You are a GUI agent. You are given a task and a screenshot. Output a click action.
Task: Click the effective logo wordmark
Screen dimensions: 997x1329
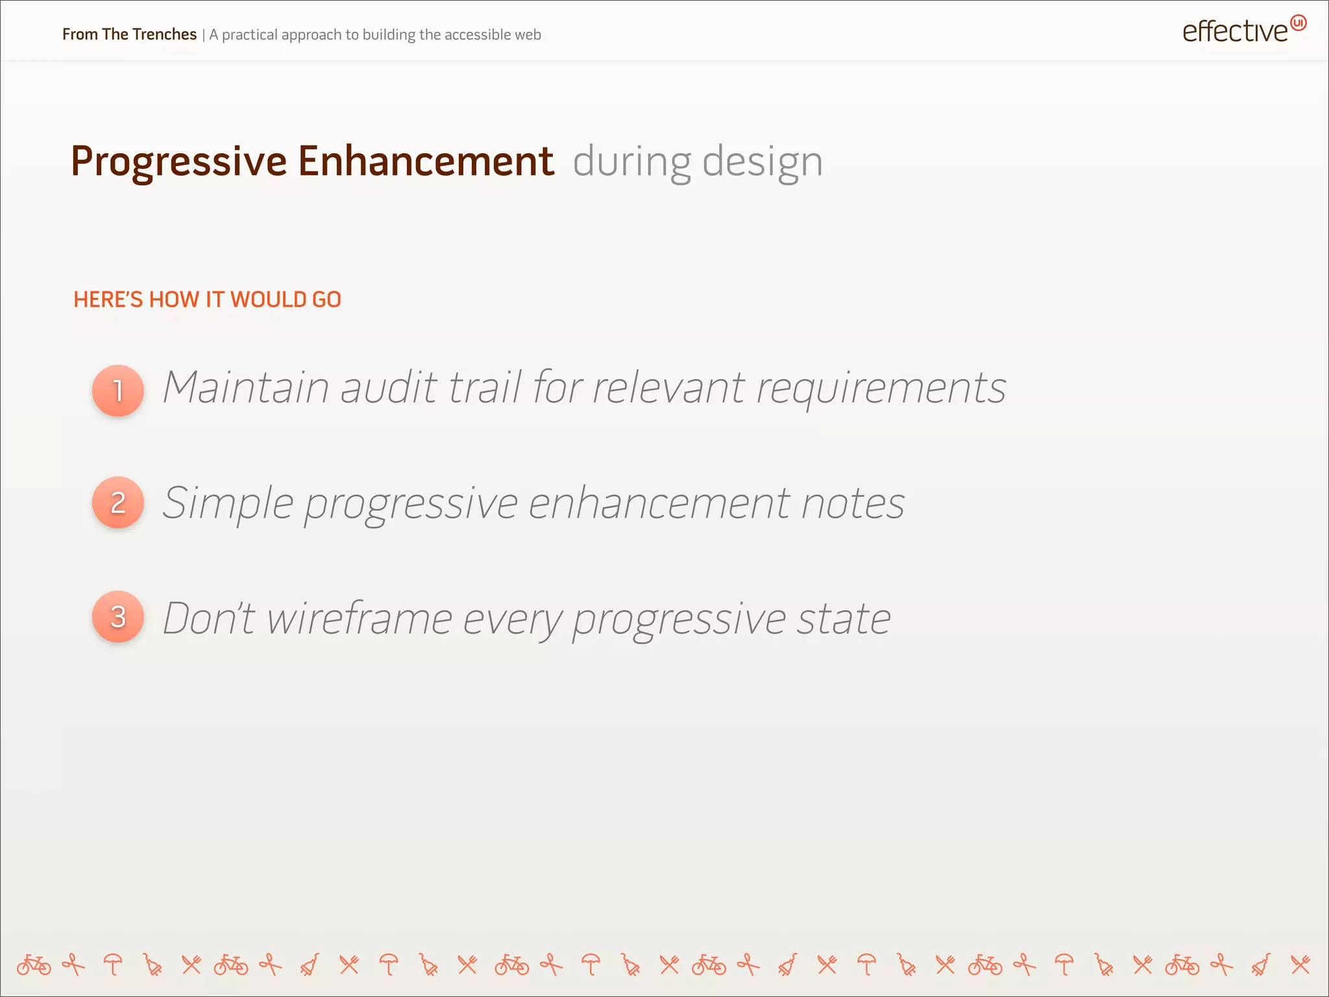point(1234,32)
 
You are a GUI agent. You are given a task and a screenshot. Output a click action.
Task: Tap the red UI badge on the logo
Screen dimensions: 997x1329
point(1298,23)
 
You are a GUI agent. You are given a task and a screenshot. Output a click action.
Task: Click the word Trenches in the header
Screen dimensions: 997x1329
point(164,34)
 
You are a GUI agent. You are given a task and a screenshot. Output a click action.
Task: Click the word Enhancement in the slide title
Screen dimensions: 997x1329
point(426,161)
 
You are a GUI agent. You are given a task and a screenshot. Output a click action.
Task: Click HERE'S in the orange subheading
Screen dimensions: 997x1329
point(108,300)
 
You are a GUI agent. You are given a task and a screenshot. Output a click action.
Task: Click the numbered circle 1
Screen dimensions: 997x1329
point(118,391)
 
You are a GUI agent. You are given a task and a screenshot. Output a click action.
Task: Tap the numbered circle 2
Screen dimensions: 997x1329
point(118,502)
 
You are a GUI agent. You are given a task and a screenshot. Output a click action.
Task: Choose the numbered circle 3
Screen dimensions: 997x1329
point(118,617)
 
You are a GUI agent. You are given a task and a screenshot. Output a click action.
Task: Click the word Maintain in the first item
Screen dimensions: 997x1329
point(245,388)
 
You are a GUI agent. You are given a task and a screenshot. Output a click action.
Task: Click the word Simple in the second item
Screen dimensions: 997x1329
point(228,504)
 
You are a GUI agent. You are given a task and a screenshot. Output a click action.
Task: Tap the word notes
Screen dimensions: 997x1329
point(853,504)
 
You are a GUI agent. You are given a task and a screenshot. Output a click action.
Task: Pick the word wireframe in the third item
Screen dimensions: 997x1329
point(359,618)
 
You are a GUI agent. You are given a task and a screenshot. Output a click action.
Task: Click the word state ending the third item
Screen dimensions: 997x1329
point(844,619)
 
